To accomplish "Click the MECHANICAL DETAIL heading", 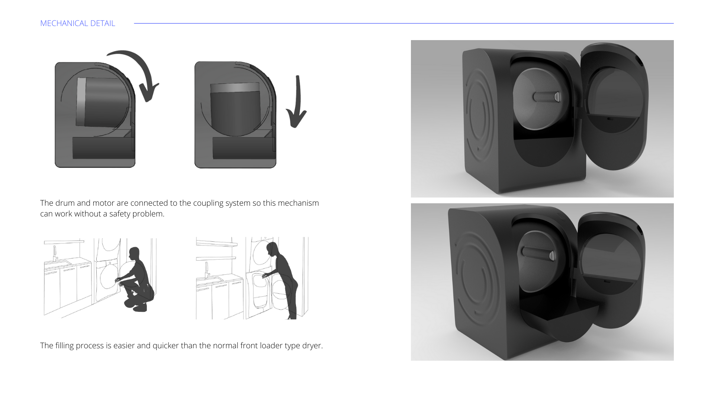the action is pyautogui.click(x=78, y=23).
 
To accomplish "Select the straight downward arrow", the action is pyautogui.click(x=297, y=102).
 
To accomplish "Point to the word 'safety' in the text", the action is pyautogui.click(x=120, y=214).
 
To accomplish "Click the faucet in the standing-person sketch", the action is pyautogui.click(x=206, y=270).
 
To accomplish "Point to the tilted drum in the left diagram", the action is pyautogui.click(x=102, y=102).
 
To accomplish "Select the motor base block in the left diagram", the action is pyautogui.click(x=103, y=148).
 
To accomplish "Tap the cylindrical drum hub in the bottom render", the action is pyautogui.click(x=538, y=253).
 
